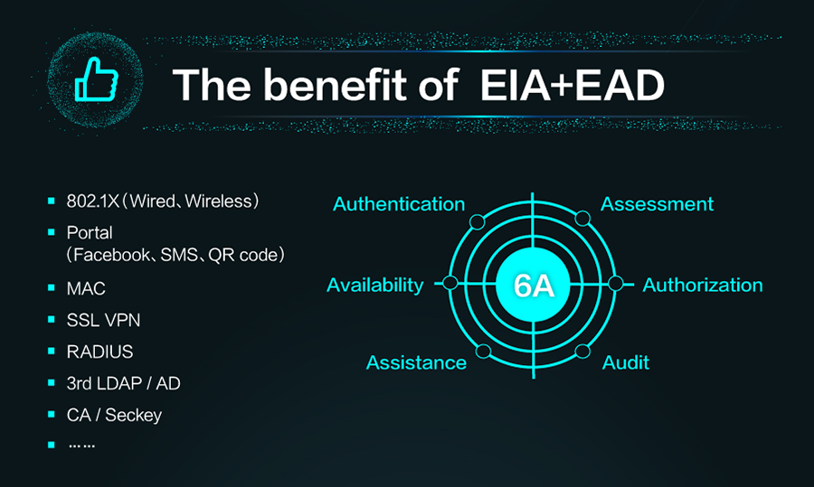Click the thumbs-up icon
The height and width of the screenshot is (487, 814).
97,80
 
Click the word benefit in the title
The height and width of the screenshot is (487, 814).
336,85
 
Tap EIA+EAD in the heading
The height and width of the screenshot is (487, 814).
573,85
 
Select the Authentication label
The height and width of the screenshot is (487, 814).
399,204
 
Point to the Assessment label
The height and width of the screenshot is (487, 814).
657,204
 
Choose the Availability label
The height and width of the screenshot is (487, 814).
374,285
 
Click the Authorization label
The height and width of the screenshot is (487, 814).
703,285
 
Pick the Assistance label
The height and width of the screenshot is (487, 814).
416,362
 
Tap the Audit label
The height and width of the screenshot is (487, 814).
626,362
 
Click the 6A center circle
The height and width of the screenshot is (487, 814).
533,285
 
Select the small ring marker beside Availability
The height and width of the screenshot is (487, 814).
450,283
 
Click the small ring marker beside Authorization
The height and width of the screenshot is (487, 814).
615,283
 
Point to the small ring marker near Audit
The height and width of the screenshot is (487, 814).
582,351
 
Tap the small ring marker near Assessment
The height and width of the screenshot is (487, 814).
582,219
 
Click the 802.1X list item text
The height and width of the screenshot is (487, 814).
163,201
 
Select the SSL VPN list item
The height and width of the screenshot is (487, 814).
103,320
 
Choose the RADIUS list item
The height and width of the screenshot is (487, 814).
99,351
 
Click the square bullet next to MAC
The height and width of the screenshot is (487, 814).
51,287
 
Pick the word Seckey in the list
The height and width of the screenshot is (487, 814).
134,415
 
